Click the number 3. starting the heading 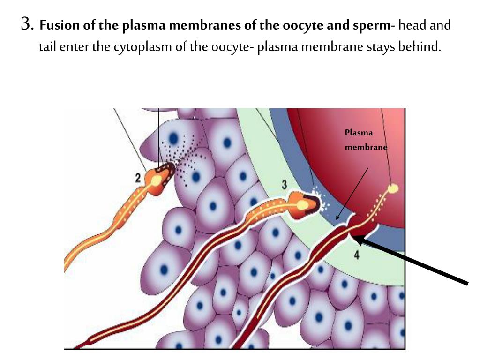point(27,24)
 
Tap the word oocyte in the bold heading point(300,25)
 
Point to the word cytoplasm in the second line point(136,47)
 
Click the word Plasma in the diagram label point(359,133)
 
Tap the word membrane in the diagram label point(366,147)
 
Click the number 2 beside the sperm point(138,178)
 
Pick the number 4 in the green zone point(357,256)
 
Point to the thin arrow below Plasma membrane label point(352,193)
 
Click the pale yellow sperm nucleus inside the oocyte point(394,189)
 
